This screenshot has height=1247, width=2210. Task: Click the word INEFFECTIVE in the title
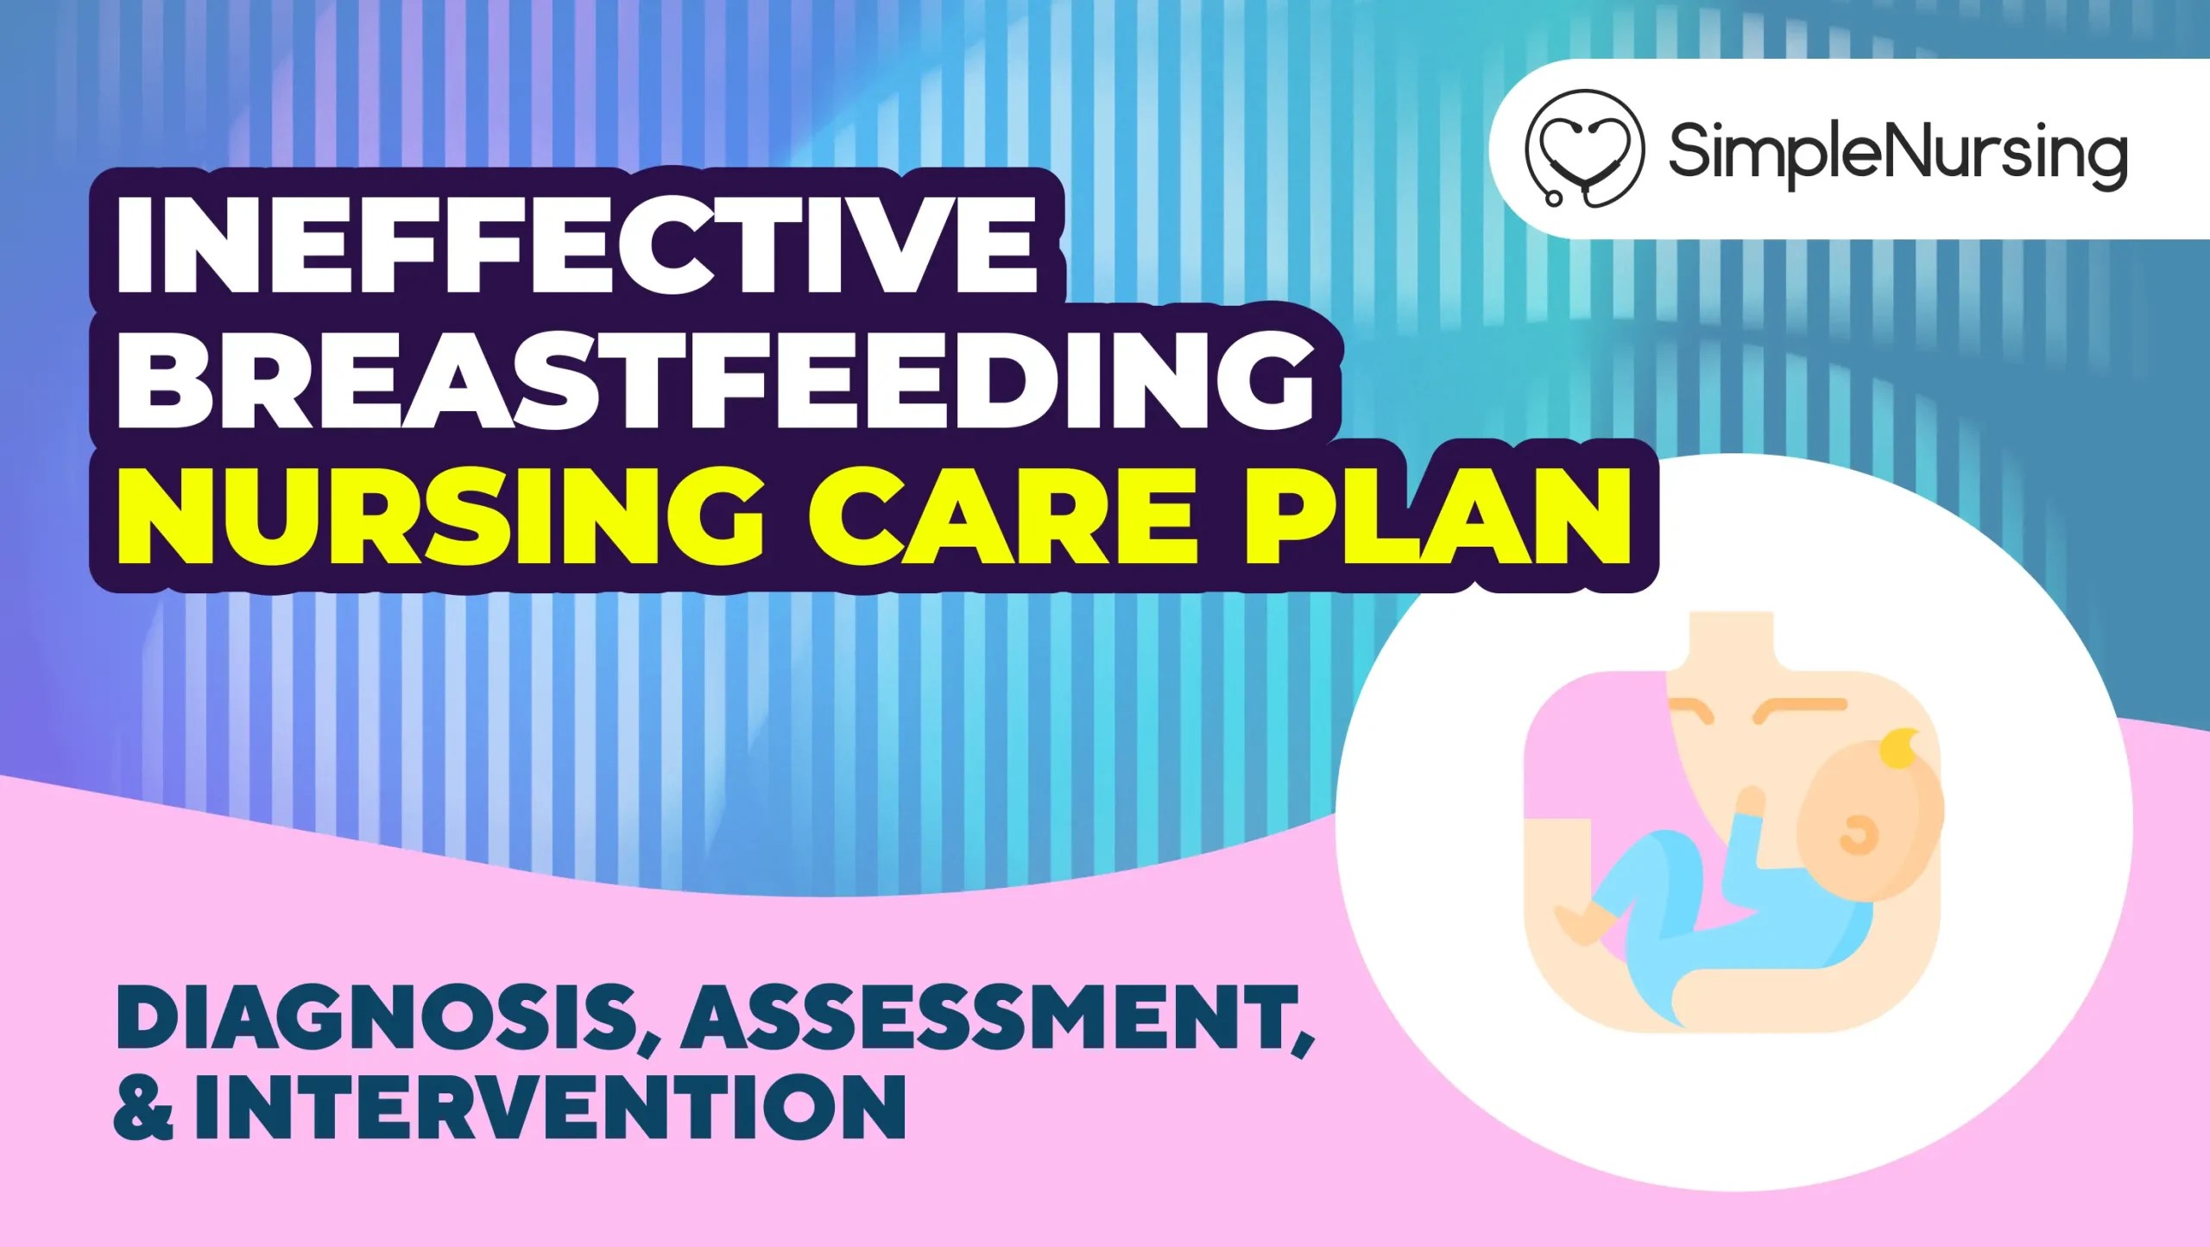[x=577, y=245]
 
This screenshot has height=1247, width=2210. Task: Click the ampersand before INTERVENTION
[x=142, y=1109]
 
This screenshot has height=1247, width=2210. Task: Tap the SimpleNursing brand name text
[x=1897, y=150]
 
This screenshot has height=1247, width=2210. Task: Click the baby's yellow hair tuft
[x=1899, y=748]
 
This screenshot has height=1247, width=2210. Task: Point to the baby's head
[x=1873, y=829]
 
